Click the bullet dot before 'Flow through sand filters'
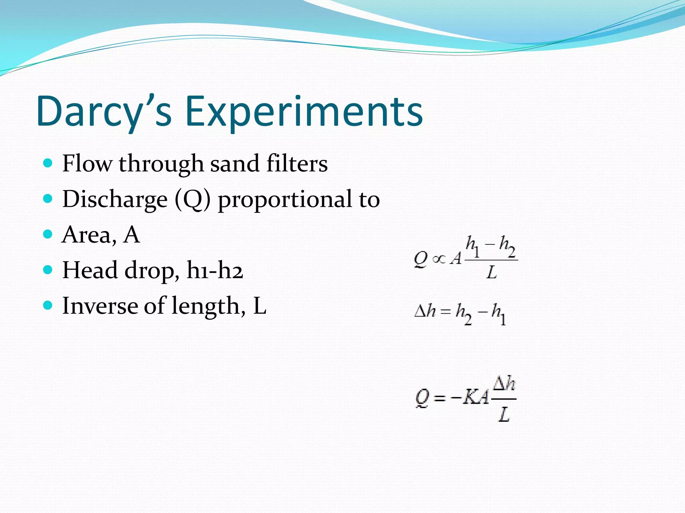[48, 163]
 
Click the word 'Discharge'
[115, 199]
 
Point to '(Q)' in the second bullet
[193, 199]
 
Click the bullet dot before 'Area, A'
[48, 234]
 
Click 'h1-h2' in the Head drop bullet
[214, 270]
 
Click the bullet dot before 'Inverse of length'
[48, 305]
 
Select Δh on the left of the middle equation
[425, 311]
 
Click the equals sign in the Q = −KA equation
[440, 398]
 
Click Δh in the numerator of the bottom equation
[504, 384]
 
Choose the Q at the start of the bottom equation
[422, 398]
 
